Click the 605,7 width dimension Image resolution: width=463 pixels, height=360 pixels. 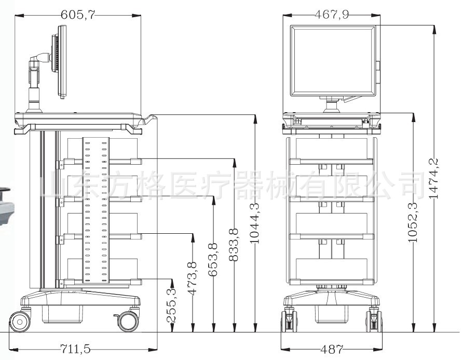(78, 15)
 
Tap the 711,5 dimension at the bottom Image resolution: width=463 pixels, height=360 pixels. (75, 349)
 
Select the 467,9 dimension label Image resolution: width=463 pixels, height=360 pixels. (332, 14)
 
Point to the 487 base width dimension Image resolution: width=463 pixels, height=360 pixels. (332, 350)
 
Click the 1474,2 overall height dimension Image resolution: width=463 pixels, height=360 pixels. (433, 179)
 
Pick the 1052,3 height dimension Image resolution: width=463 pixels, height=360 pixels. (413, 222)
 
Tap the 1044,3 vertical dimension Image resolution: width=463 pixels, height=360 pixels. (254, 223)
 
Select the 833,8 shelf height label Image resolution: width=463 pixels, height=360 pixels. (234, 245)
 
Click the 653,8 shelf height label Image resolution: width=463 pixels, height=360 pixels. (213, 260)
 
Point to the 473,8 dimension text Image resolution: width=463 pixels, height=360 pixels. (192, 278)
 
